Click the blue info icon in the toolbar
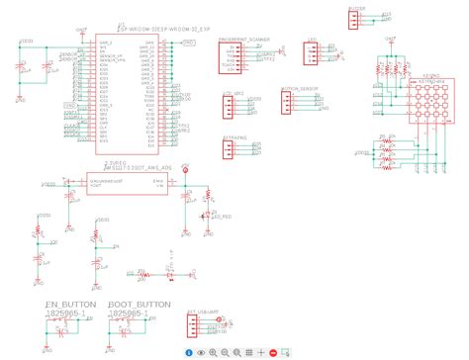point(188,352)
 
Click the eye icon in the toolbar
point(201,352)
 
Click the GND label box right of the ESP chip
point(188,45)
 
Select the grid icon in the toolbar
point(262,352)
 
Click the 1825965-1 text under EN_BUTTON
point(65,314)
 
